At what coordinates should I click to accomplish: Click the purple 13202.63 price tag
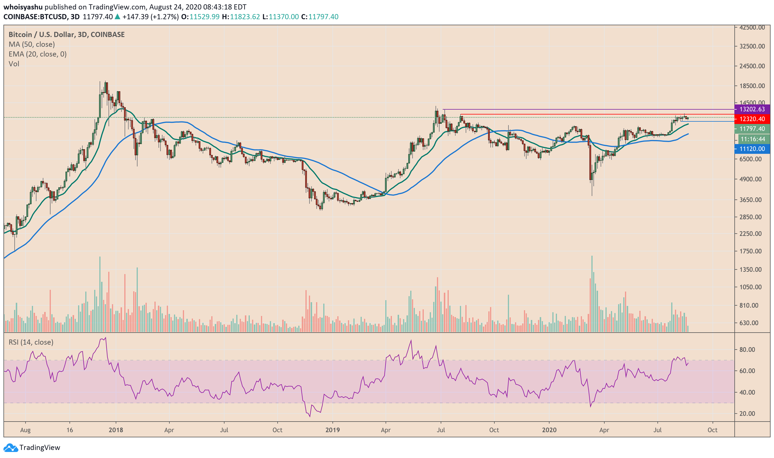click(752, 109)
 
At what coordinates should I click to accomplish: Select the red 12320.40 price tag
click(752, 119)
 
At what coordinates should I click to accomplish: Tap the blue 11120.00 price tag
click(752, 149)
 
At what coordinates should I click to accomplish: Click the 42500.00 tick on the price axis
click(752, 28)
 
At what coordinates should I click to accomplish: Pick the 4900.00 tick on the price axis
click(752, 179)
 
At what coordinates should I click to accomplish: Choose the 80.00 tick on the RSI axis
click(747, 350)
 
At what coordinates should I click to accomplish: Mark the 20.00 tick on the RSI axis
click(747, 414)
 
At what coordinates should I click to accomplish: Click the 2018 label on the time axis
click(116, 430)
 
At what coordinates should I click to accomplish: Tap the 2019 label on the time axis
click(332, 430)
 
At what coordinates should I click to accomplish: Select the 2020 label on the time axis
click(549, 430)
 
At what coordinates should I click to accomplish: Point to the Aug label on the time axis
click(25, 430)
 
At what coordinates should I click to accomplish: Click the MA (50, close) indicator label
click(32, 44)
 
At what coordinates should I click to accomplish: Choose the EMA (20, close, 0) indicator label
click(37, 54)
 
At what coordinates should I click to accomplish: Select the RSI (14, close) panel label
click(31, 342)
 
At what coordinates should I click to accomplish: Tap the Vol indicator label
click(14, 64)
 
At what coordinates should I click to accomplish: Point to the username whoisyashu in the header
click(23, 7)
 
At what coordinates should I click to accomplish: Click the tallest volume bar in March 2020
click(592, 293)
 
